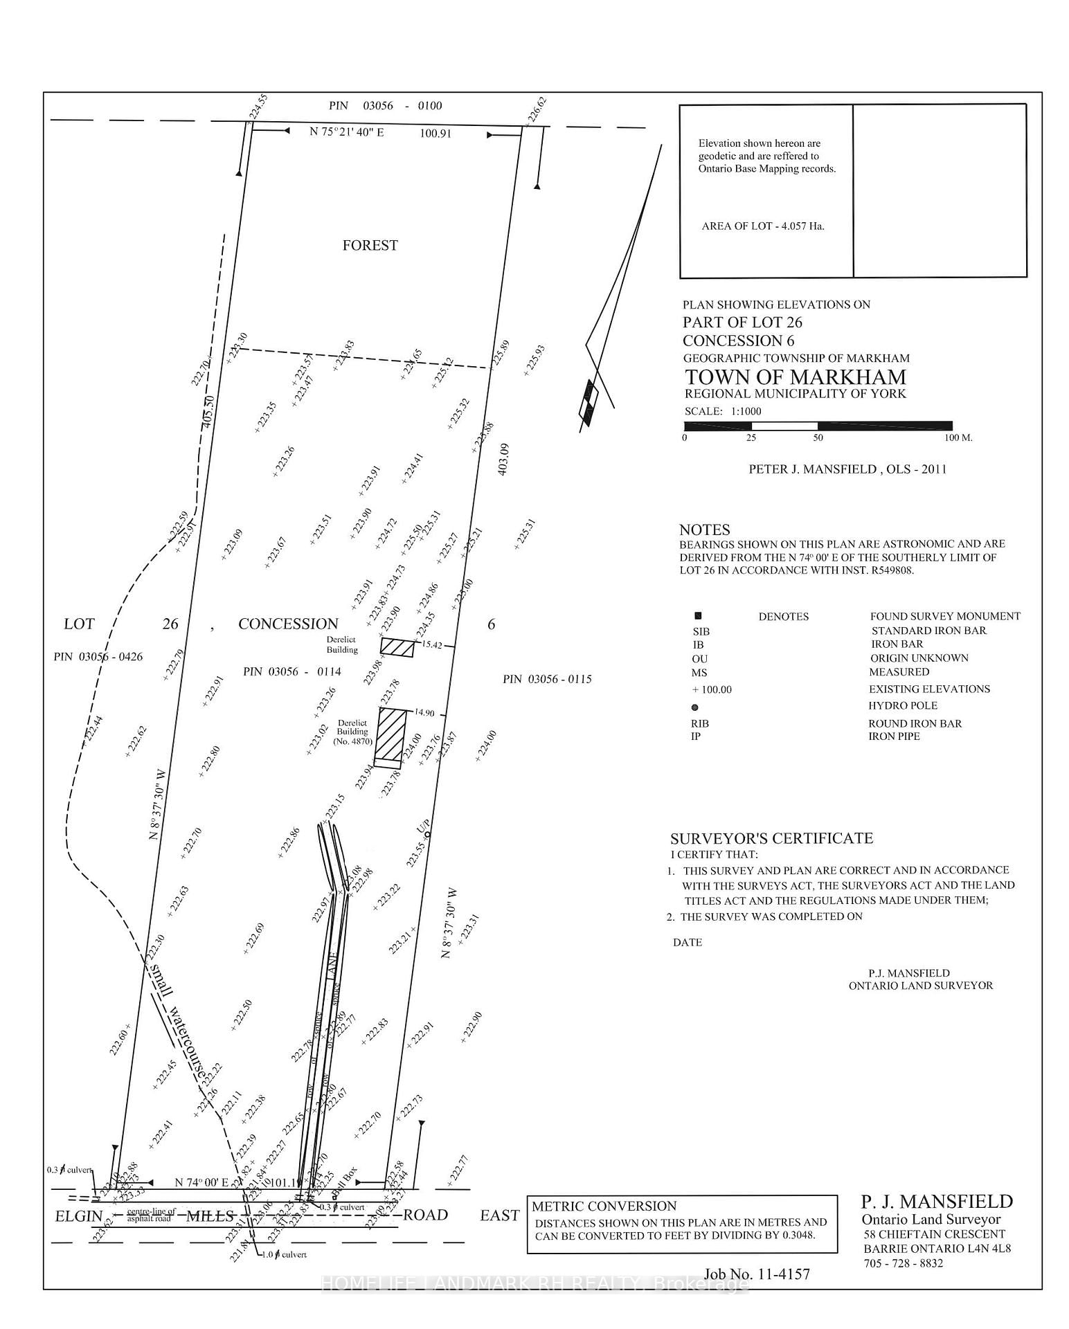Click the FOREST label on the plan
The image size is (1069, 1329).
tap(370, 245)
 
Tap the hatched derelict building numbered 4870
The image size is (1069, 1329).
tap(390, 734)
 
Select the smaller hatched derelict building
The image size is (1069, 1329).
tap(398, 647)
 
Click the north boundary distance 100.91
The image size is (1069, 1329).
tap(435, 133)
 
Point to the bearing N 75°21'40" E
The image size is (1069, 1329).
tap(346, 132)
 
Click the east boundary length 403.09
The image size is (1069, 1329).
tap(503, 459)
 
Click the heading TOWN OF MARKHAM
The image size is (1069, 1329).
tap(795, 377)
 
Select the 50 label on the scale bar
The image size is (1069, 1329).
tap(818, 438)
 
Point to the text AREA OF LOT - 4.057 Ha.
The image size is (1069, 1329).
tap(762, 226)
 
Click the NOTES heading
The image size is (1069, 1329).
tap(704, 530)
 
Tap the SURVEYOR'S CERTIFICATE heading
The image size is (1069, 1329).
tap(771, 838)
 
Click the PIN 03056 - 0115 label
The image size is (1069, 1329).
tap(547, 679)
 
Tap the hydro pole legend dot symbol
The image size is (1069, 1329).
tap(695, 707)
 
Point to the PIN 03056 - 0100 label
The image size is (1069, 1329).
tap(385, 106)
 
